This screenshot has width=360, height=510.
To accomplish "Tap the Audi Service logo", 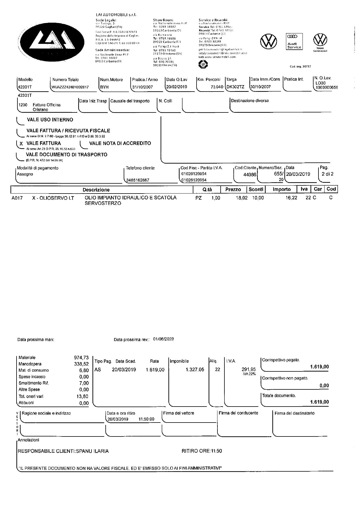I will click(294, 42).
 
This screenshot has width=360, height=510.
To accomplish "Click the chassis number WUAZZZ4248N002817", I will click(70, 87).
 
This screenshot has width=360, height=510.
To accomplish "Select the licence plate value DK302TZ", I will click(235, 87).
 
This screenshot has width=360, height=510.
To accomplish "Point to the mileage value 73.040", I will click(217, 87).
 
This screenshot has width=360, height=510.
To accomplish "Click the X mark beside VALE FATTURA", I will click(21, 144).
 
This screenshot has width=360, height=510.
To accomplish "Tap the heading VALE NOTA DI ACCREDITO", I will click(120, 143).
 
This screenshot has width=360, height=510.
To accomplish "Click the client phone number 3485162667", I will click(138, 180).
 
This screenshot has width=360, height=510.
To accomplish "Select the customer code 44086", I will click(250, 175).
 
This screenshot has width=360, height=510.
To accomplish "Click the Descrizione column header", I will click(96, 190).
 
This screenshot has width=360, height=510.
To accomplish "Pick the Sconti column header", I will click(256, 189).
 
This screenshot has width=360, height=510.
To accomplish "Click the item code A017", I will click(17, 198).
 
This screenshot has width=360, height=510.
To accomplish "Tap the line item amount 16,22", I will click(291, 198).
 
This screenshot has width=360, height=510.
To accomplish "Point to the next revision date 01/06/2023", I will click(163, 339).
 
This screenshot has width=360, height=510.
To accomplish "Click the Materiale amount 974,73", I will click(81, 358).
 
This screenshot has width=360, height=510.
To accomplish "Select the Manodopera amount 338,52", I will click(81, 364).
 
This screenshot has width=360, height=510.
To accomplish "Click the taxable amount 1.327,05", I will click(195, 370).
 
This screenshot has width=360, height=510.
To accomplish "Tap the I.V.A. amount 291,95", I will click(249, 369).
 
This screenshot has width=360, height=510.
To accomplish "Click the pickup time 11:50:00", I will click(146, 419).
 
